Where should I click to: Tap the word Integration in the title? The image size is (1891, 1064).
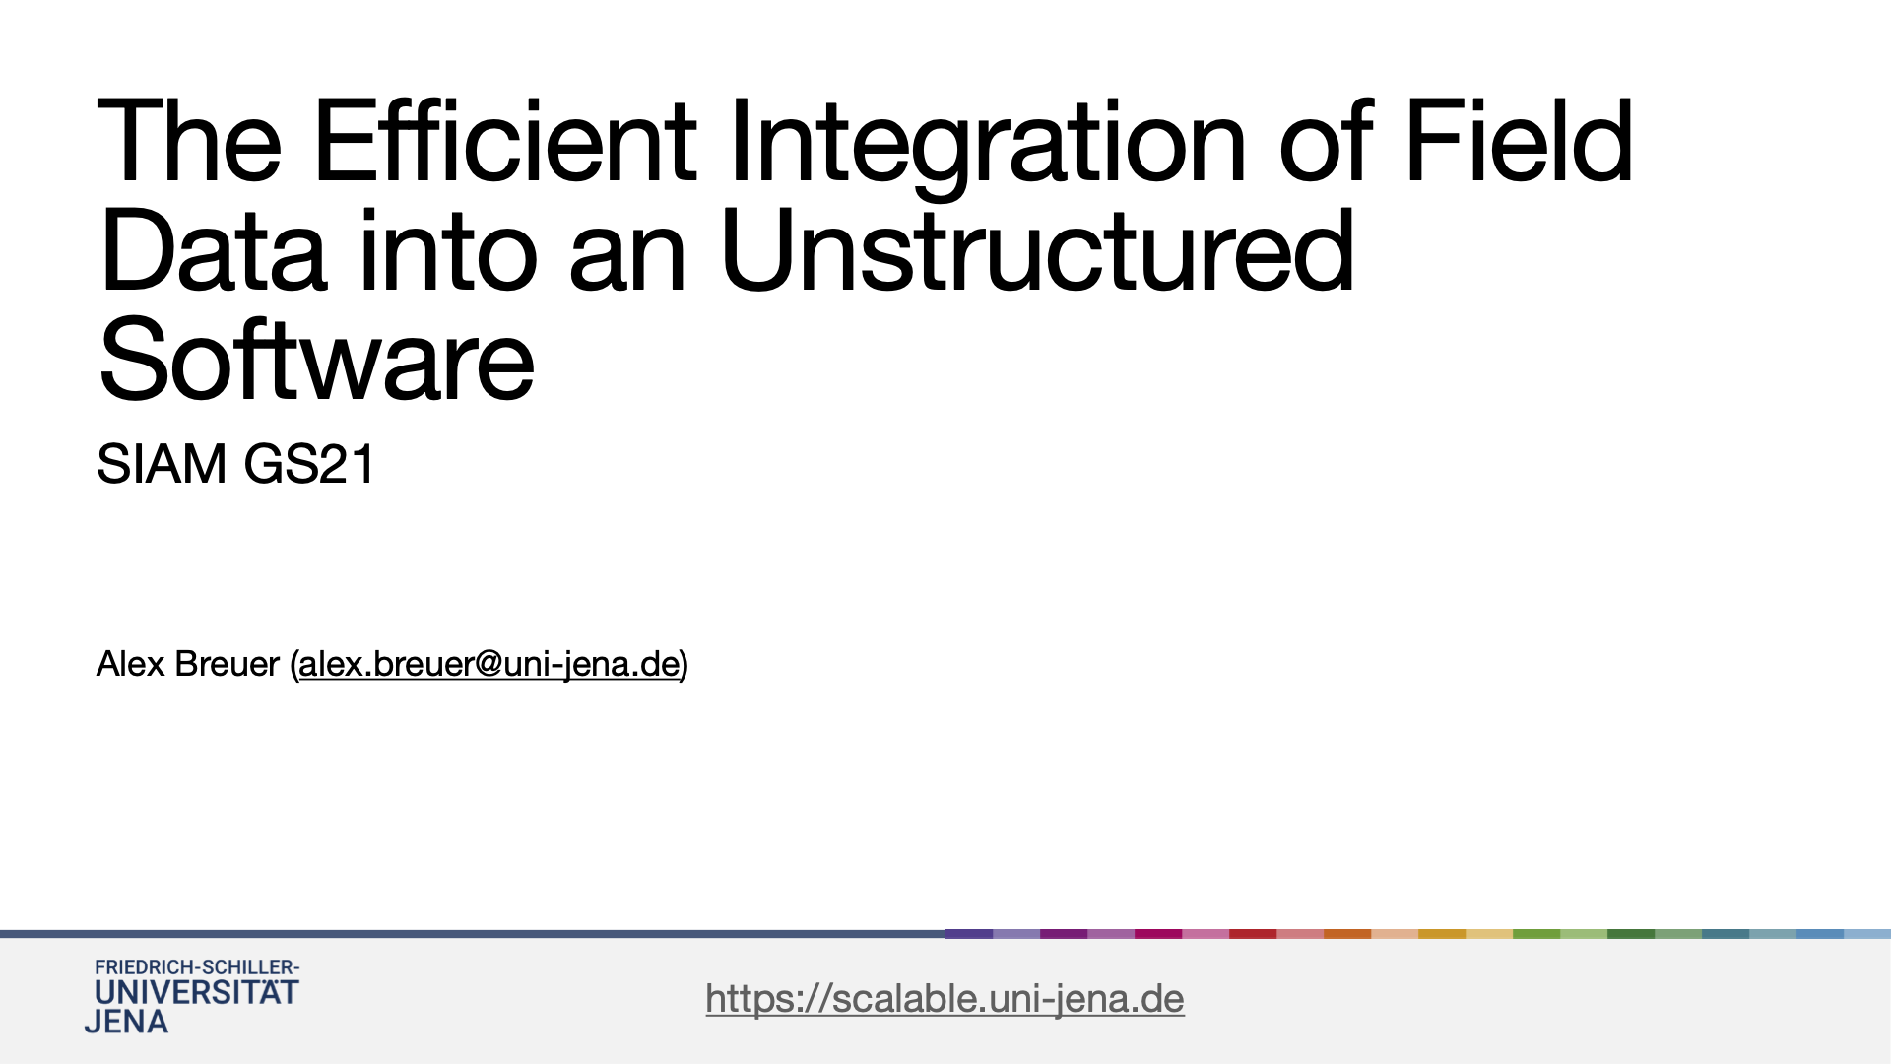pyautogui.click(x=988, y=149)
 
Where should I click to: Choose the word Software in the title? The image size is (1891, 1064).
pyautogui.click(x=316, y=360)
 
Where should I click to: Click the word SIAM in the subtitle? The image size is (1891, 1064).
pyautogui.click(x=162, y=464)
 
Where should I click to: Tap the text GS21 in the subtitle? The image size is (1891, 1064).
pyautogui.click(x=308, y=464)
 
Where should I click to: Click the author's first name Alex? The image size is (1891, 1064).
pyautogui.click(x=130, y=664)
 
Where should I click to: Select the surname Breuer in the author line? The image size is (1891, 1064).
pyautogui.click(x=227, y=664)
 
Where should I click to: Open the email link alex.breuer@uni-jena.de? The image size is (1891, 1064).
pyautogui.click(x=489, y=665)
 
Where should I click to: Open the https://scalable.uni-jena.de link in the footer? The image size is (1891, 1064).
pyautogui.click(x=945, y=999)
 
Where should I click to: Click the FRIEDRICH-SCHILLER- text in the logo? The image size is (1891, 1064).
pyautogui.click(x=197, y=967)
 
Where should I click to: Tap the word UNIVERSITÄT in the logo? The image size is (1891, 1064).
pyautogui.click(x=196, y=991)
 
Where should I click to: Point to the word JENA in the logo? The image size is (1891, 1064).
pyautogui.click(x=126, y=1022)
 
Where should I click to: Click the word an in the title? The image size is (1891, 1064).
pyautogui.click(x=627, y=261)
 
